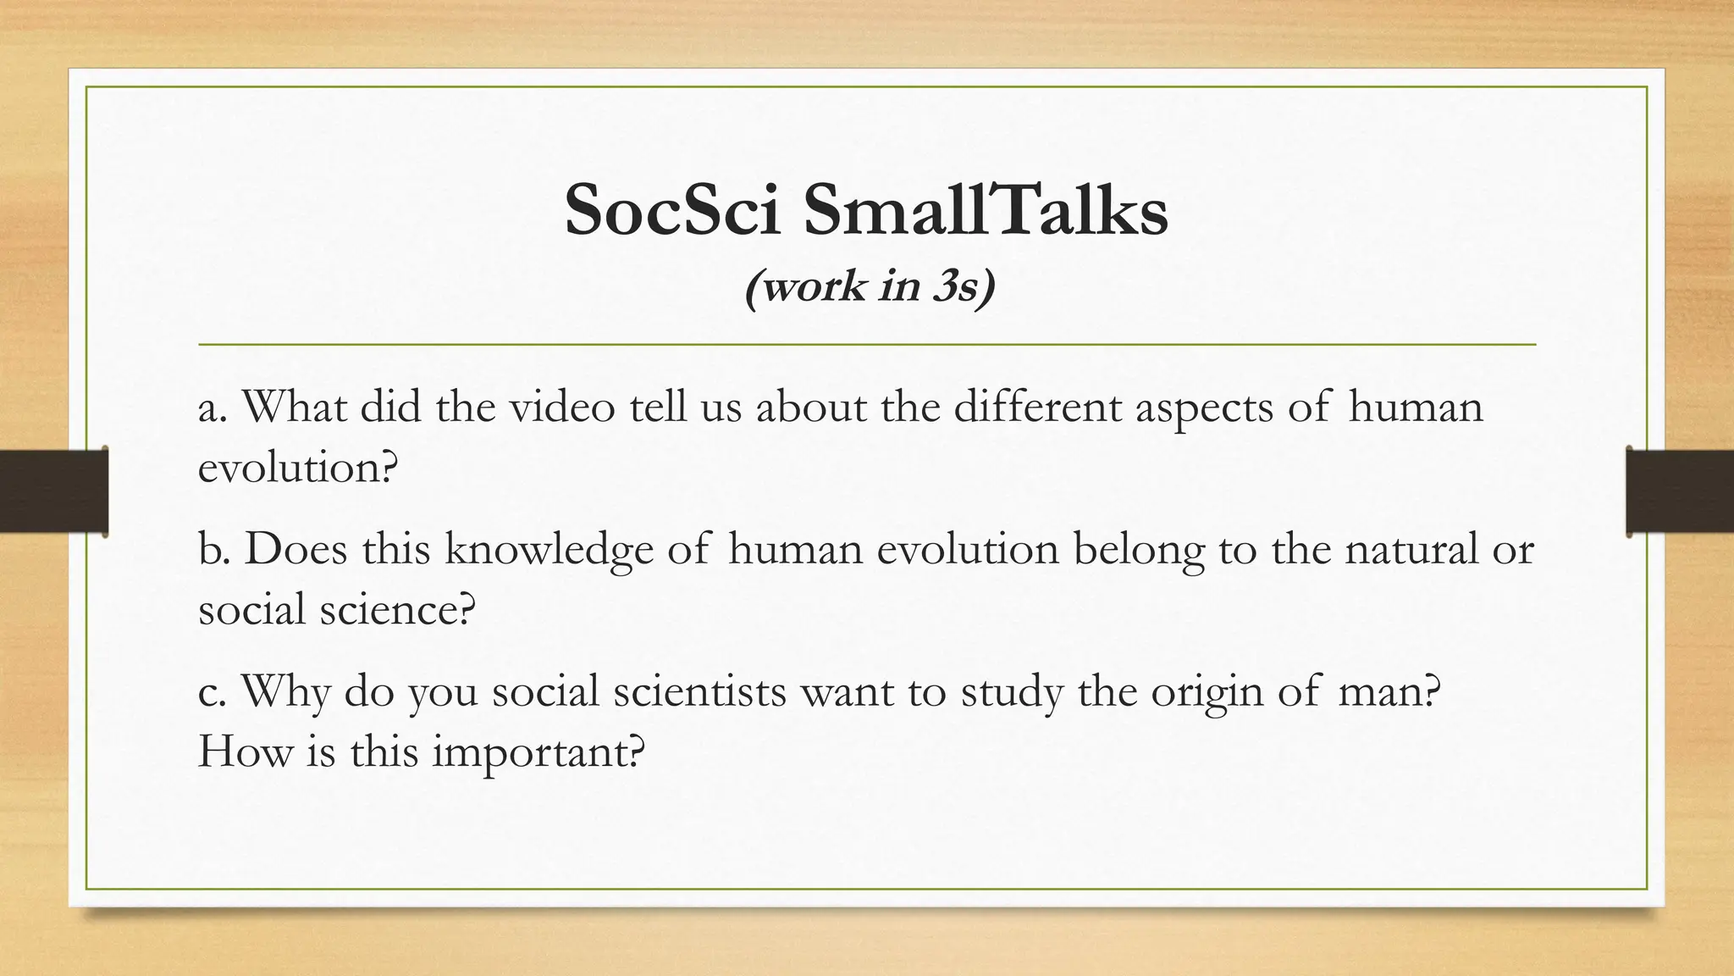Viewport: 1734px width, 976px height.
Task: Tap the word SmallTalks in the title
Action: [x=986, y=210]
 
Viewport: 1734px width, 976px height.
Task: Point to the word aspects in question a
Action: [x=1203, y=408]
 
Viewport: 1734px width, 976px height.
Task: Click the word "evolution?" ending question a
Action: [x=297, y=467]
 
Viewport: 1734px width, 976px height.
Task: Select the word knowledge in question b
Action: [x=549, y=550]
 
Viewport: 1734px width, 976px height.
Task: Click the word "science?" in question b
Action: [x=397, y=608]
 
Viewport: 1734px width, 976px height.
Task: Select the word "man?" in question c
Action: [x=1389, y=691]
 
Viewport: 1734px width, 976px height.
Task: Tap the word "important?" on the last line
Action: [x=539, y=751]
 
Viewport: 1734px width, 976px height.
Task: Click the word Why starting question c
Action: [x=285, y=691]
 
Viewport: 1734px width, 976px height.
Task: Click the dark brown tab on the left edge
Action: [x=53, y=491]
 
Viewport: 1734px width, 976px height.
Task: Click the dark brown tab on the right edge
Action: [x=1680, y=491]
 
